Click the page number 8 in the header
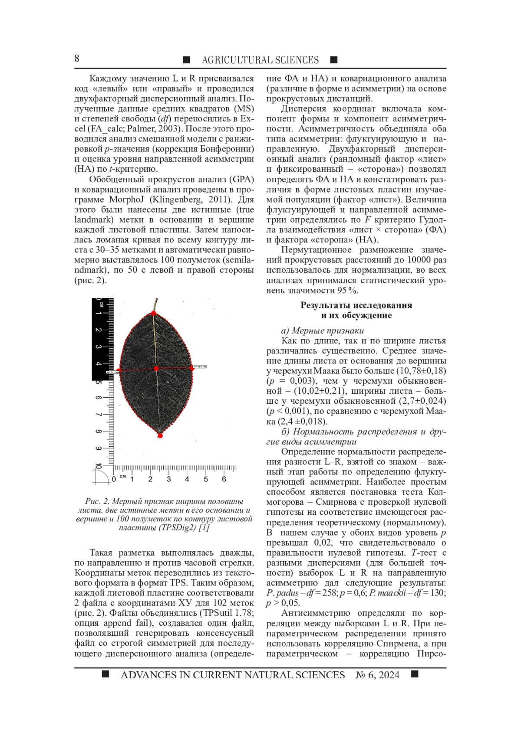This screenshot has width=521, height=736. click(77, 59)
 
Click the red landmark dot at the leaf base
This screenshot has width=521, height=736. click(153, 313)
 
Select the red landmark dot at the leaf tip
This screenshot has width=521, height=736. click(160, 435)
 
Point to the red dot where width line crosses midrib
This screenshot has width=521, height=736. click(156, 369)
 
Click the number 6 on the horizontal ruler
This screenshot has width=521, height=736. click(224, 479)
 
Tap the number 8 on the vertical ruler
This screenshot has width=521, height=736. click(99, 432)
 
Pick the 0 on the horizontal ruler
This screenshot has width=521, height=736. click(114, 479)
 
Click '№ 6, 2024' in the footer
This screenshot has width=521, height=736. click(377, 675)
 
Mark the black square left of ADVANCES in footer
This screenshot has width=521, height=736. click(105, 674)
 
